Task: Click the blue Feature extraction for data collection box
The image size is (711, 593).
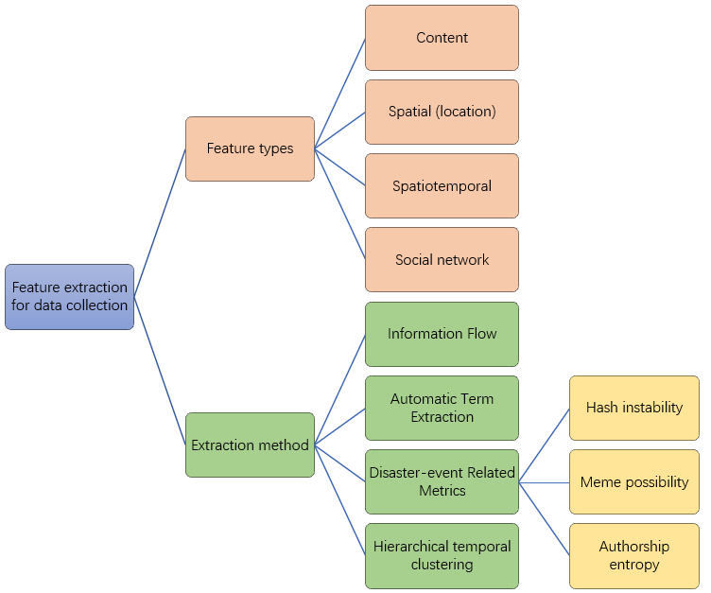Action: coord(69,296)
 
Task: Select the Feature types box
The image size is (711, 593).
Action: coord(250,148)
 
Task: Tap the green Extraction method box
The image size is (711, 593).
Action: coord(250,445)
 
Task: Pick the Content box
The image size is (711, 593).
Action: coord(442,38)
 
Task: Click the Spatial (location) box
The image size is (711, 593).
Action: coord(442,112)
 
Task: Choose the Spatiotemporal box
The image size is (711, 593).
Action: coord(442,185)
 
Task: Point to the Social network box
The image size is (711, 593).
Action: coord(442,259)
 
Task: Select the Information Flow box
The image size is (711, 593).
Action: coord(442,334)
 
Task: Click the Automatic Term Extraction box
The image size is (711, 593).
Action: coord(442,408)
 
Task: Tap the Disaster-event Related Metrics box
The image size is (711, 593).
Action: coord(442,481)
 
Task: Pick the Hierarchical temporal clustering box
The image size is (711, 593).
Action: coord(442,555)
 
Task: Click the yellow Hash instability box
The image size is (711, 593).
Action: coord(633,408)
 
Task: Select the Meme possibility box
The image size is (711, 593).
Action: coord(633,481)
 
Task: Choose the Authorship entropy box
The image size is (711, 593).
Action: coord(633,555)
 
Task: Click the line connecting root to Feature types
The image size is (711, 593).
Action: coord(160,222)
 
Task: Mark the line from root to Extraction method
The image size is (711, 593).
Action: coord(160,371)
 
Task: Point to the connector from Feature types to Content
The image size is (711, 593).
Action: coord(340,93)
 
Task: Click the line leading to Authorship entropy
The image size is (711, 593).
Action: coord(544,518)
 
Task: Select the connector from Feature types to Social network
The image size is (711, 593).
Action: coord(340,203)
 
